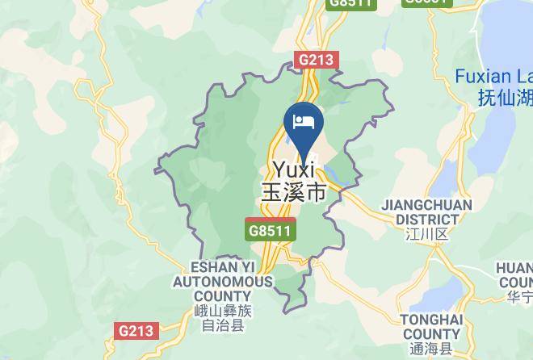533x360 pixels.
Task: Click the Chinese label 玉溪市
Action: click(293, 193)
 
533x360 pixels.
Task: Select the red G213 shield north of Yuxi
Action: click(317, 60)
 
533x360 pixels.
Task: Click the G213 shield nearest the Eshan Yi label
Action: click(136, 331)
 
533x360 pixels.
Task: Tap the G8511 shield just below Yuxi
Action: click(271, 230)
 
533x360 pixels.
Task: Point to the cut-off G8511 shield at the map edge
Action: click(352, 3)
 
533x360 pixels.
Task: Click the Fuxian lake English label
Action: click(493, 77)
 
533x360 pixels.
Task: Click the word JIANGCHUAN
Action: click(426, 205)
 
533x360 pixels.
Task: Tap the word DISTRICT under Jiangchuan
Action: click(426, 219)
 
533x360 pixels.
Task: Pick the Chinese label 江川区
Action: click(426, 235)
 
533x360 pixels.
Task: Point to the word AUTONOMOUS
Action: click(222, 282)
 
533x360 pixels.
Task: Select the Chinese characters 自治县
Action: click(222, 327)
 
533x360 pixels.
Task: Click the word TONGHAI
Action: click(431, 320)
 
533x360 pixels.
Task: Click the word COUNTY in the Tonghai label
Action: click(431, 334)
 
